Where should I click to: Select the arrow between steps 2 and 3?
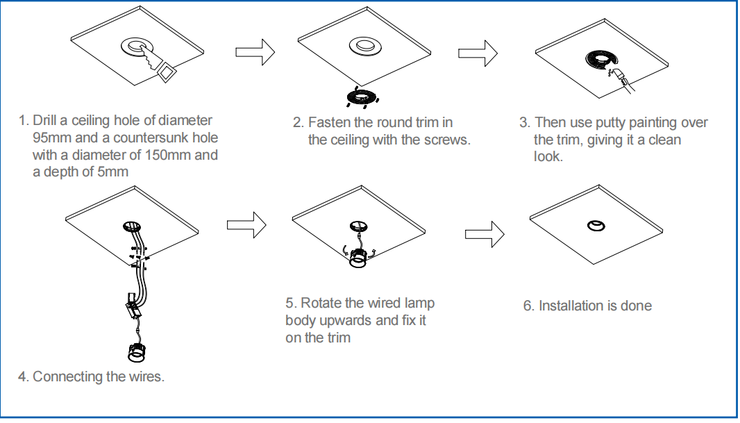pos(478,53)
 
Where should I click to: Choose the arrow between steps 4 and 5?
pos(246,224)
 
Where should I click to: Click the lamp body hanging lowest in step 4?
pos(137,354)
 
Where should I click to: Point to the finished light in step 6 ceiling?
pos(595,226)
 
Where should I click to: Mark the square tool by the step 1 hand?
pos(167,72)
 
